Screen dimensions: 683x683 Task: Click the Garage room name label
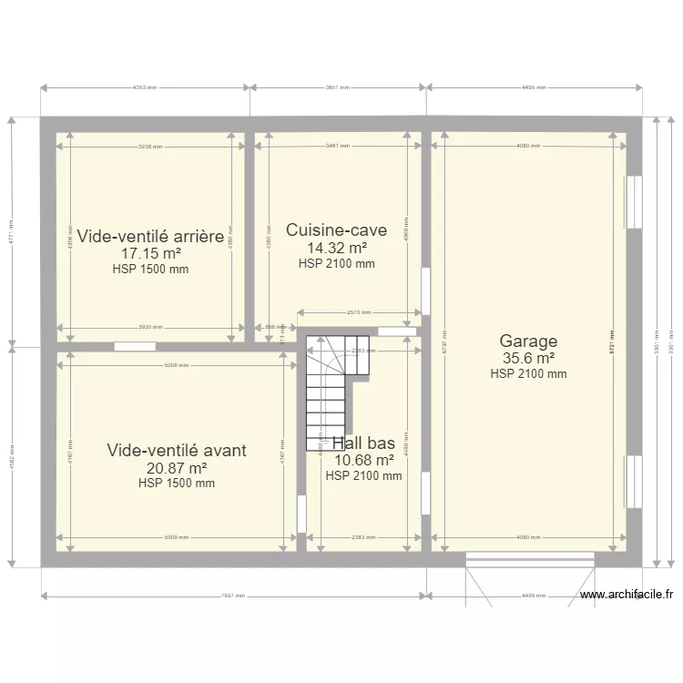point(528,341)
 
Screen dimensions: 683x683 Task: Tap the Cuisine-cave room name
point(336,230)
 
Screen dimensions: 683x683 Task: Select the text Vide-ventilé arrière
point(150,237)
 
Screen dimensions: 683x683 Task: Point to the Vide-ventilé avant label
point(177,450)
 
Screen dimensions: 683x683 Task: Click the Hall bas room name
point(363,443)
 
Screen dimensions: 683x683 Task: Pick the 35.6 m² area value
point(528,358)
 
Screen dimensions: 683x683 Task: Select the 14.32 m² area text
point(336,248)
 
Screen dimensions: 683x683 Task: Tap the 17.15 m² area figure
point(150,253)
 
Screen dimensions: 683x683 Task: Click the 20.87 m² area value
point(177,467)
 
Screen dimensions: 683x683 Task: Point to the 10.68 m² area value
point(363,461)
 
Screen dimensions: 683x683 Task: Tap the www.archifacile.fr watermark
point(626,596)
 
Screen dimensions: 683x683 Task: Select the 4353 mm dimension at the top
point(145,88)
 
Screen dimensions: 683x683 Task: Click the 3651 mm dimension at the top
point(338,88)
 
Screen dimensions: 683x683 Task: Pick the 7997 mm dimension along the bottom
point(233,597)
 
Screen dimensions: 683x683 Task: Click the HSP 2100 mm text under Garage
point(528,373)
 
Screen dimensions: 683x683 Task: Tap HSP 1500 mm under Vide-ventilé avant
point(177,484)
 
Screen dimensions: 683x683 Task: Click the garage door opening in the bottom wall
point(530,556)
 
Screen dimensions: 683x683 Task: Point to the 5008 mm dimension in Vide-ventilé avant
point(177,365)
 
